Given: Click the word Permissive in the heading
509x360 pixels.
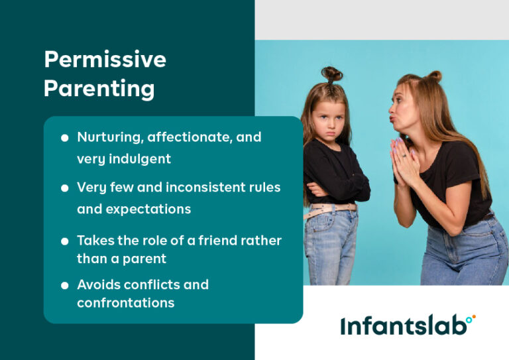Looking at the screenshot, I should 105,60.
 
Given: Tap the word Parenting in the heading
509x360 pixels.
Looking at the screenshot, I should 99,88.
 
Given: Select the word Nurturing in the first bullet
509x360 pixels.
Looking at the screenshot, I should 109,137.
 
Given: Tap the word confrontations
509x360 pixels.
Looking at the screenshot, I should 125,303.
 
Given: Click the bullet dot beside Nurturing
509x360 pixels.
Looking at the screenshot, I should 64,138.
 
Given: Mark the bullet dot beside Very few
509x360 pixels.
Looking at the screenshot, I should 64,188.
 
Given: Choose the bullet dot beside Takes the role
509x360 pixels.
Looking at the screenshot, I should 64,241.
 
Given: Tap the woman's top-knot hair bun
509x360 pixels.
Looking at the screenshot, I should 433,76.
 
